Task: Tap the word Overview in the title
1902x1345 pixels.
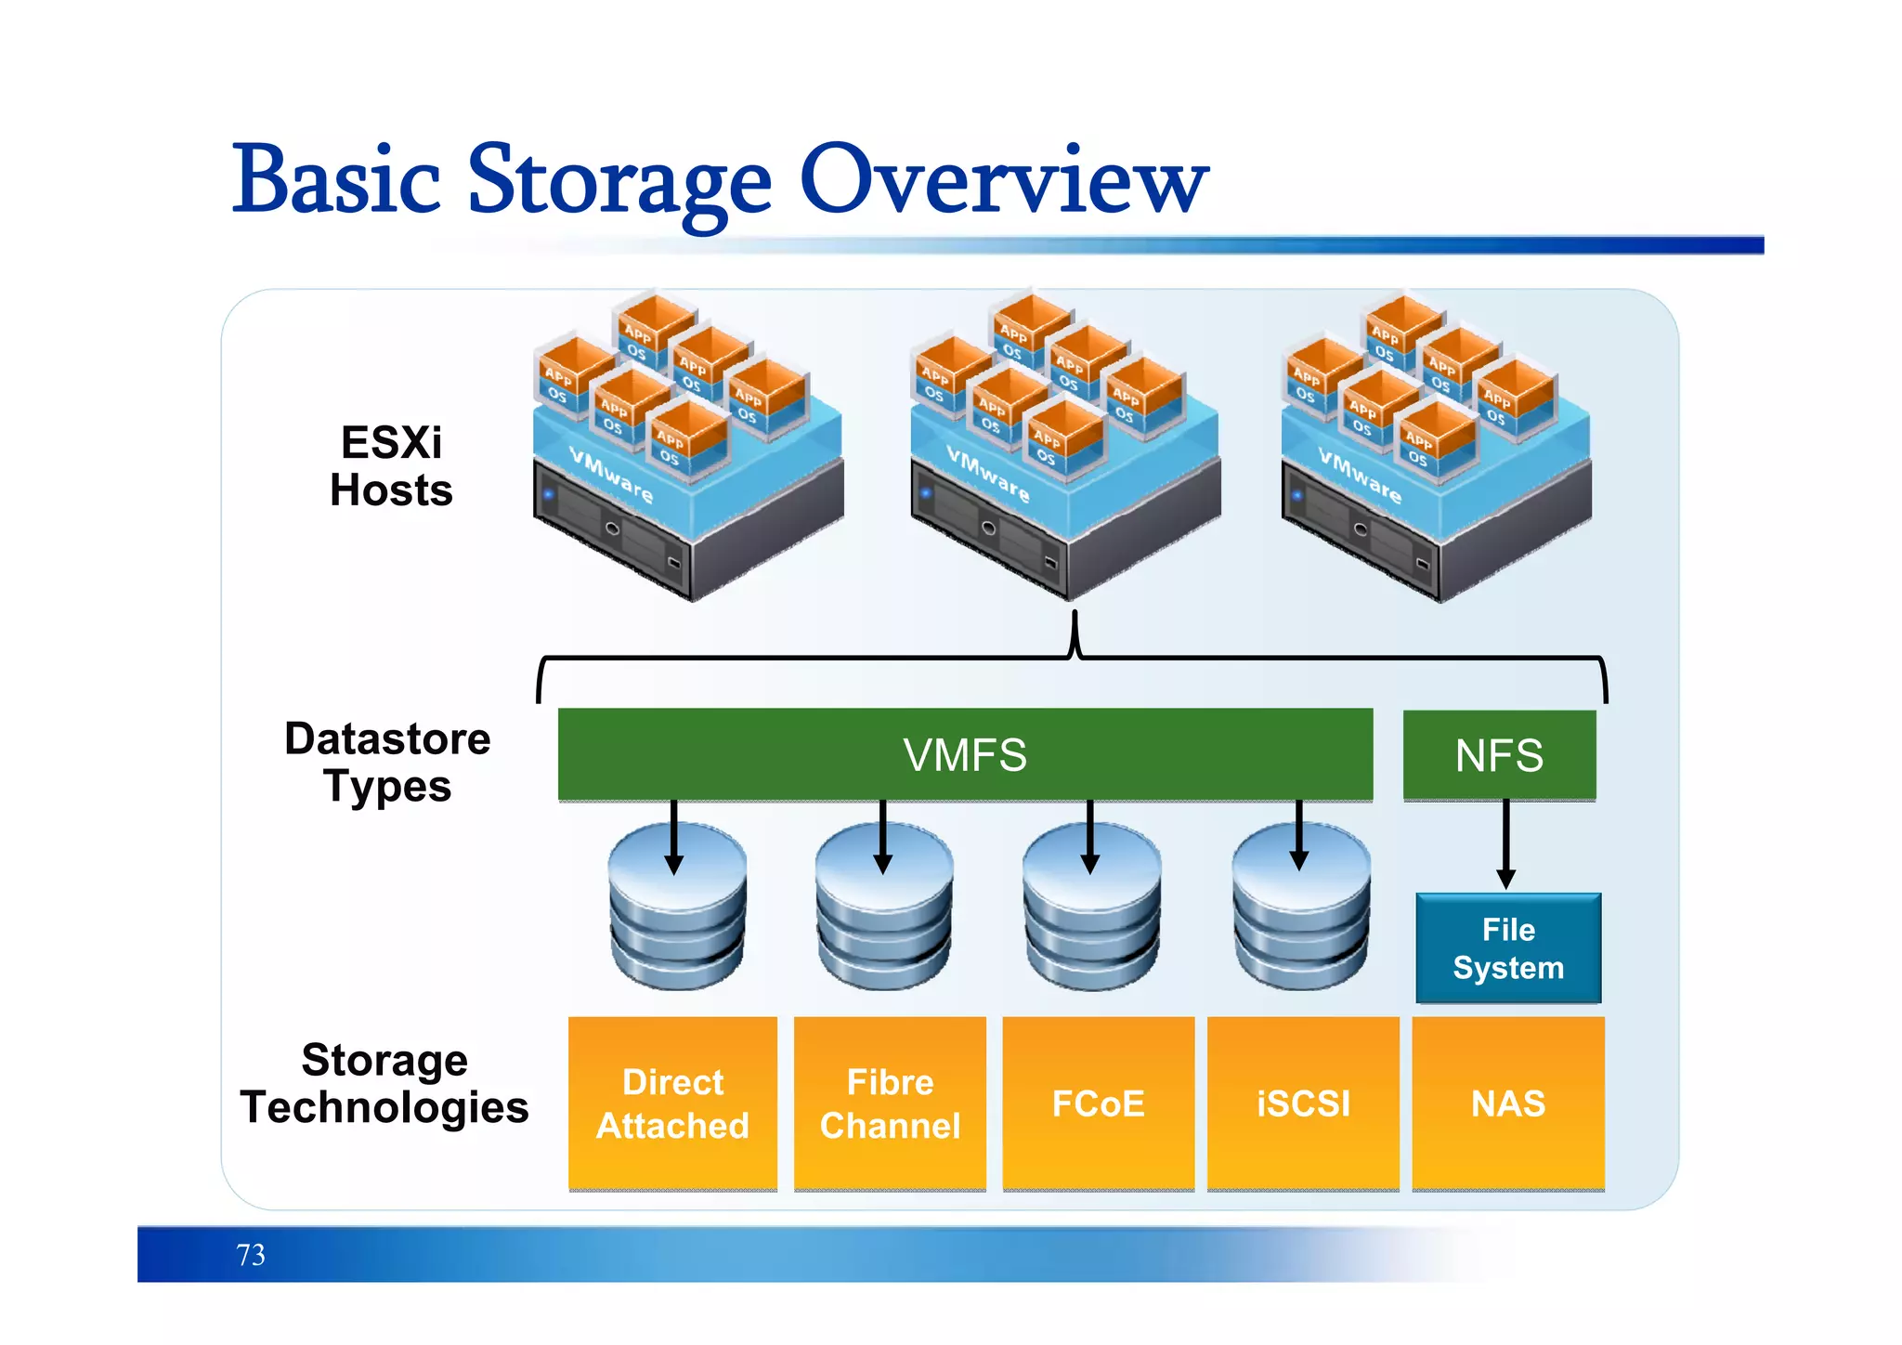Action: point(1003,181)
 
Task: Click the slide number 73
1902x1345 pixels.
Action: point(251,1255)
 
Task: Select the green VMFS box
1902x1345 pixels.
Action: point(965,754)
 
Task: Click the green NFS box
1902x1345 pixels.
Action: point(1499,754)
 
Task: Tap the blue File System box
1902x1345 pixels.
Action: point(1508,948)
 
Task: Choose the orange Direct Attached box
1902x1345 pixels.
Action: point(672,1103)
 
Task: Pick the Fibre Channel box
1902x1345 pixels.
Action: point(890,1103)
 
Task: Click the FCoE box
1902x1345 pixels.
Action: point(1098,1103)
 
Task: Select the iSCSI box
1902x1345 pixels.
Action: point(1303,1103)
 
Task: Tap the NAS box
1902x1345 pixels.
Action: point(1508,1103)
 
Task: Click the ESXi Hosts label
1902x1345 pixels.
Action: point(391,466)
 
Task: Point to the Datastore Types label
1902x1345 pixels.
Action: point(387,763)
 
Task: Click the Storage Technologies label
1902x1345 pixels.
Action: point(384,1083)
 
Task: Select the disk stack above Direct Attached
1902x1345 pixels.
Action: point(677,915)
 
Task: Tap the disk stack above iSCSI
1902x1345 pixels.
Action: point(1300,915)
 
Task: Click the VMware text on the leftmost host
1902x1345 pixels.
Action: point(611,475)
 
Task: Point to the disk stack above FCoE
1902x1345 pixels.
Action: point(1091,915)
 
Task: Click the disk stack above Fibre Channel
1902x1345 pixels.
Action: point(884,915)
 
